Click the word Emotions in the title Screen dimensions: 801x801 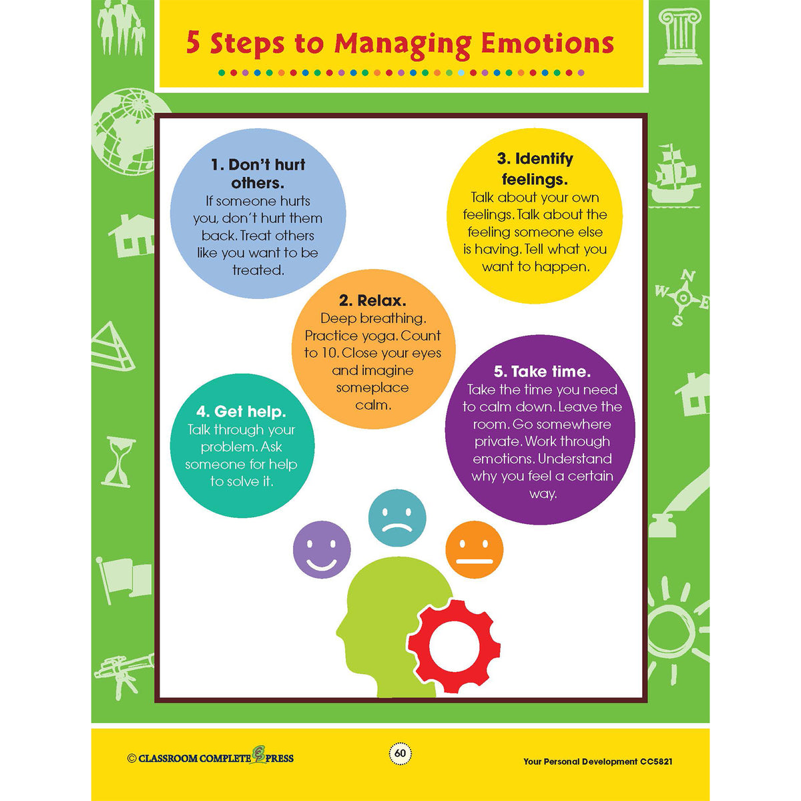click(x=547, y=43)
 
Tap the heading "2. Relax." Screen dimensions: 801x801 click(x=372, y=300)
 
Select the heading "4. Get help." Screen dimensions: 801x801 click(x=241, y=412)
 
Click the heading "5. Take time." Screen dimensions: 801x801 click(x=542, y=372)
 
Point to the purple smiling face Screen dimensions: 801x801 click(x=322, y=549)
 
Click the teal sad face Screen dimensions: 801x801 click(x=397, y=518)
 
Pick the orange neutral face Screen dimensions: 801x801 click(x=475, y=549)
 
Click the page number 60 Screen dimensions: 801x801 click(x=400, y=753)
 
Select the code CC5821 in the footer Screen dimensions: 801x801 click(x=656, y=762)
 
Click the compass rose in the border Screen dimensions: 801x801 click(x=682, y=298)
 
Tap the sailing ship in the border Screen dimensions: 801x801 click(x=674, y=176)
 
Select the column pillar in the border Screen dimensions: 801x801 click(x=680, y=37)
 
